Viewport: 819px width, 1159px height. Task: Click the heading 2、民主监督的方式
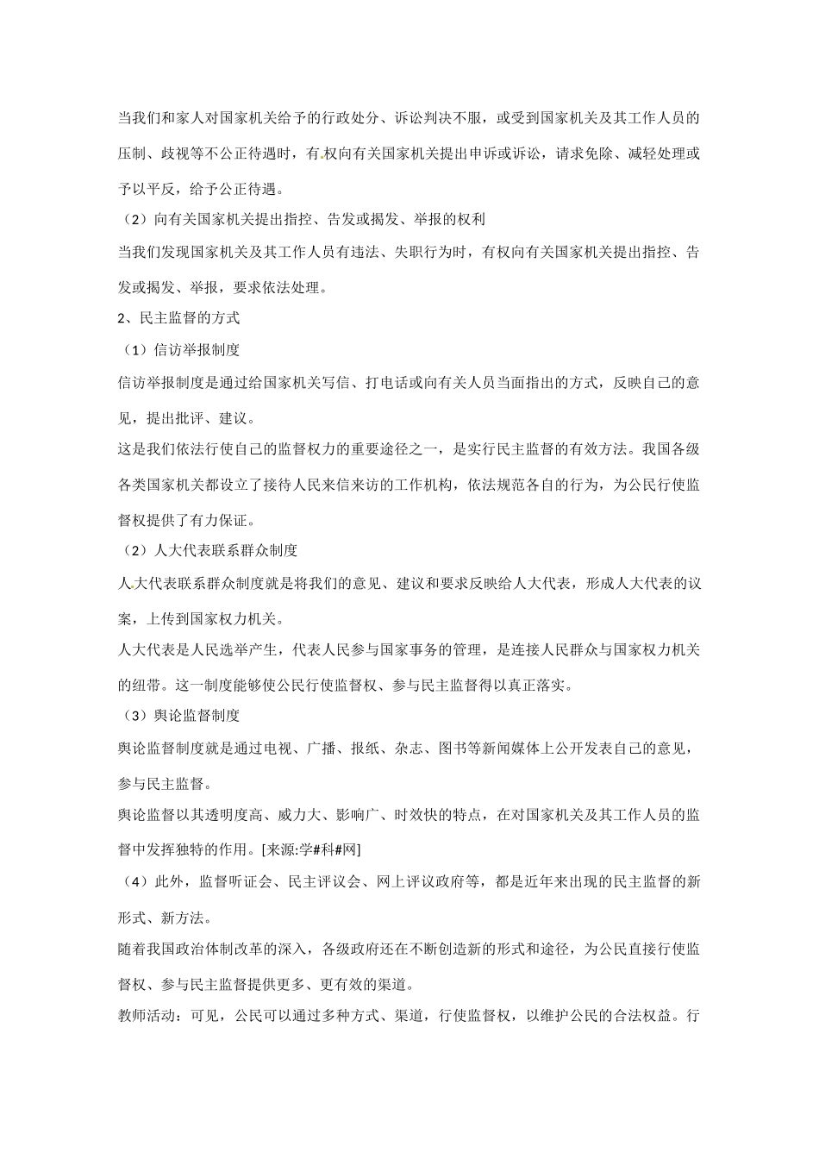click(x=178, y=317)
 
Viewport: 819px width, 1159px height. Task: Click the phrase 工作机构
click(x=422, y=486)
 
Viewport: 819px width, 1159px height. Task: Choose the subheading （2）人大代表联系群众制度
click(x=208, y=549)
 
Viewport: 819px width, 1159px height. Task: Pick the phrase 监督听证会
click(x=234, y=881)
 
